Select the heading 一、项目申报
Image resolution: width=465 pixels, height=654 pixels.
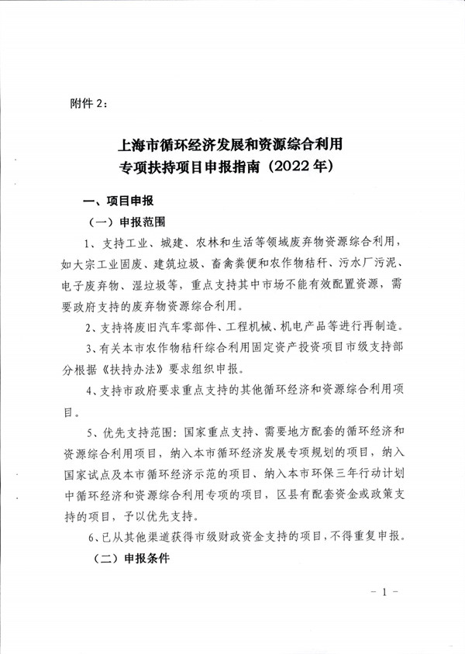[119, 201]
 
